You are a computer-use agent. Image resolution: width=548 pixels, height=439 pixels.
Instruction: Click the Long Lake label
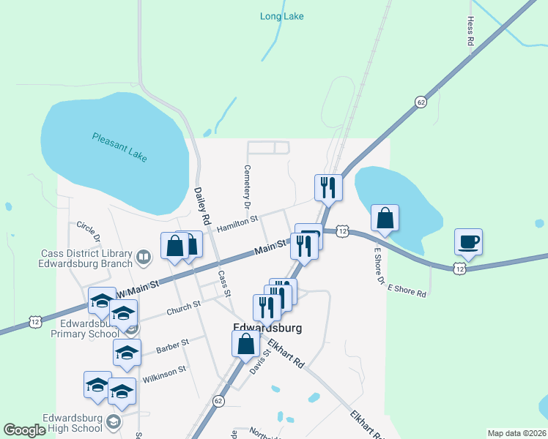tap(281, 16)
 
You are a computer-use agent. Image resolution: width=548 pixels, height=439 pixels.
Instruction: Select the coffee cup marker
tap(467, 241)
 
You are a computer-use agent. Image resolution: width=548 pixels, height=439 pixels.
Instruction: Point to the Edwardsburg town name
tap(267, 329)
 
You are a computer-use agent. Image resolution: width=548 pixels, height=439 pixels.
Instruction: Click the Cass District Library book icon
tap(143, 258)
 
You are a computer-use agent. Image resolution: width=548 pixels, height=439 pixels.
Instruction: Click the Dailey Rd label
tap(202, 206)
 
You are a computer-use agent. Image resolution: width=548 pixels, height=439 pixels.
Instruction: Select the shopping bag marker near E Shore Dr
tap(385, 218)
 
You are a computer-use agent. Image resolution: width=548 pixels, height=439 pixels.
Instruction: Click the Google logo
tap(24, 430)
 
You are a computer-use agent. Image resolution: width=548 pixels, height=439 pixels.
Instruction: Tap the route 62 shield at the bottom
tap(218, 401)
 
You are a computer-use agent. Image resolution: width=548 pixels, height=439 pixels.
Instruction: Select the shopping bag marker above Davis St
tap(245, 343)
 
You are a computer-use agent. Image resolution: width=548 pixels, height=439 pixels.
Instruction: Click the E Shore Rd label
tap(407, 290)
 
